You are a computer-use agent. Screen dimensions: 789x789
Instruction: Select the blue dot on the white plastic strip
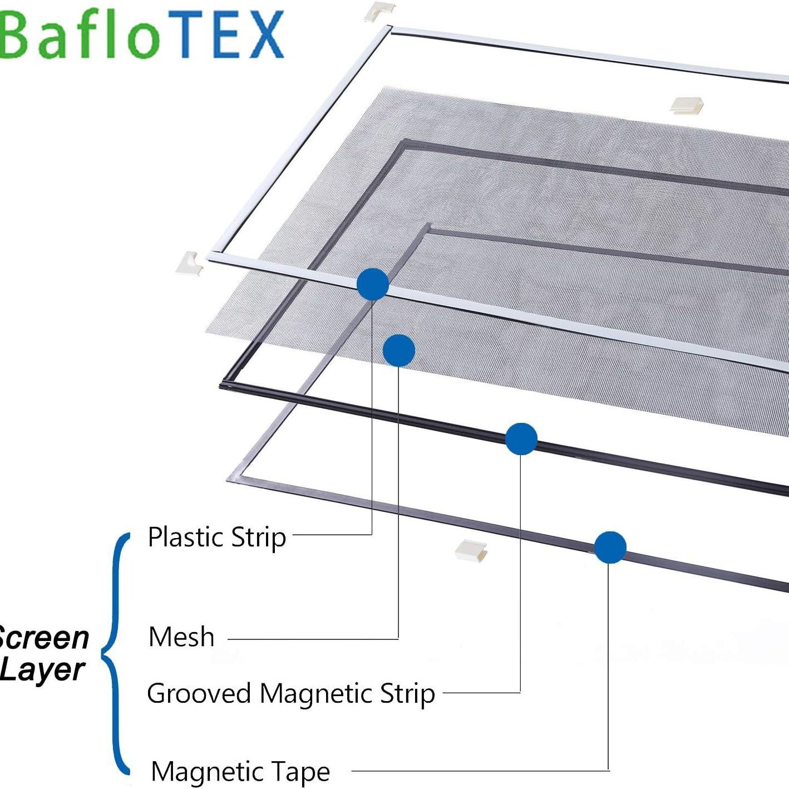pos(372,284)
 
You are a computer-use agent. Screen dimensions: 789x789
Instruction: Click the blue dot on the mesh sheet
pos(399,351)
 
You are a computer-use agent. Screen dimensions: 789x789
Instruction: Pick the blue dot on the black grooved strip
pos(521,439)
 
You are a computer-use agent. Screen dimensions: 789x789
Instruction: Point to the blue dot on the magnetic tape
pos(610,547)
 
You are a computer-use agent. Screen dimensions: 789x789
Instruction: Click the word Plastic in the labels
pos(185,537)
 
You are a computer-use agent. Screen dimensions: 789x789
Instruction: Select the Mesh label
pos(181,637)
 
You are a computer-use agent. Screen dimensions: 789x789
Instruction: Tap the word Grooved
pos(199,694)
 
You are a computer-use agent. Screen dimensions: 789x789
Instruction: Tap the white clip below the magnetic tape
pos(471,550)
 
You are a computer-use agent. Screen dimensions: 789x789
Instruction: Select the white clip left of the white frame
pos(190,263)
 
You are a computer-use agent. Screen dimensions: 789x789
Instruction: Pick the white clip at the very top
pos(379,10)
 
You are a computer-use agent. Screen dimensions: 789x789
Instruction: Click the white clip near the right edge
pos(686,105)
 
